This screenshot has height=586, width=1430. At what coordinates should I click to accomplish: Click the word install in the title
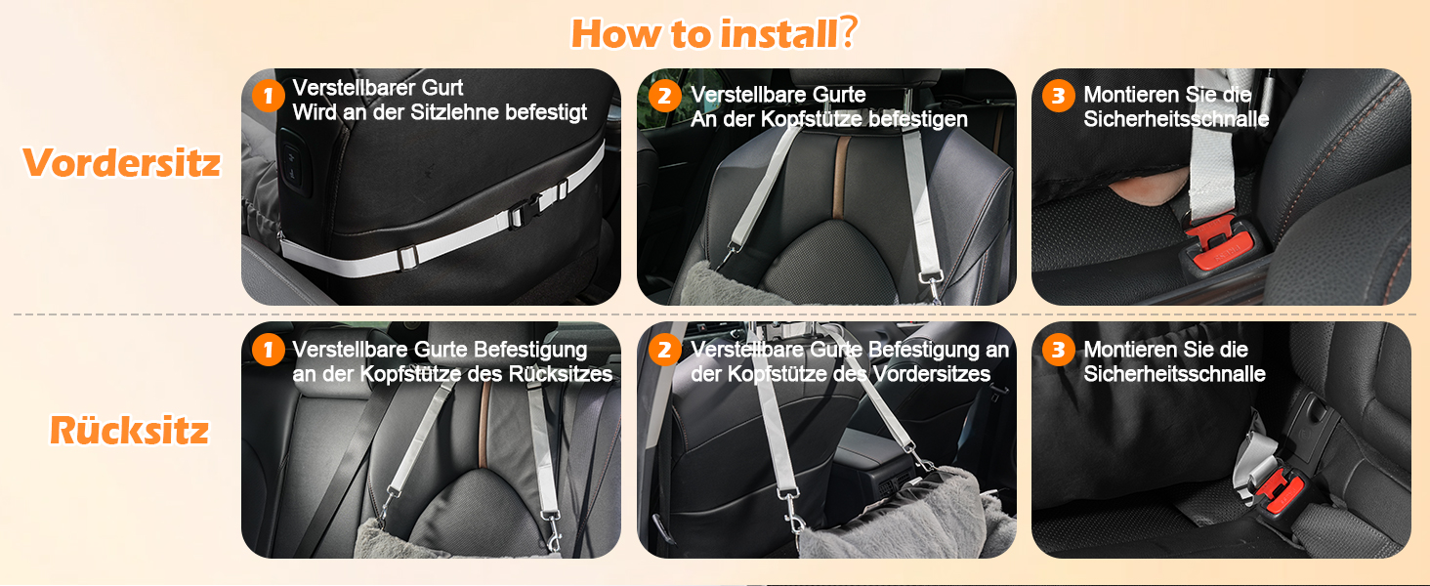pyautogui.click(x=778, y=33)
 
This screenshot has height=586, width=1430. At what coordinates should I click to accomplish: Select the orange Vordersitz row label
pyautogui.click(x=122, y=162)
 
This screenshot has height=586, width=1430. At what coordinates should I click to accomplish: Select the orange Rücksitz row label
pyautogui.click(x=129, y=431)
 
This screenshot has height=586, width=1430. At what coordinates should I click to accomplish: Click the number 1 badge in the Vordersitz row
pyautogui.click(x=268, y=96)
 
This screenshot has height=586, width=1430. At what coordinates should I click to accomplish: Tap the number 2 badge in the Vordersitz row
pyautogui.click(x=664, y=96)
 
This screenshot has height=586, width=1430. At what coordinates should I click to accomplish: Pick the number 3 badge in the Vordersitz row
pyautogui.click(x=1059, y=96)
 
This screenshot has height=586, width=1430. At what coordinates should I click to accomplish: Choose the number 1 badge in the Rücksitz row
pyautogui.click(x=268, y=350)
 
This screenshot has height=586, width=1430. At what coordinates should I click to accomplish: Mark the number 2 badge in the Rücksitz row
pyautogui.click(x=664, y=350)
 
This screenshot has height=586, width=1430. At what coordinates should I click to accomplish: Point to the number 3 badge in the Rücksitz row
pyautogui.click(x=1059, y=350)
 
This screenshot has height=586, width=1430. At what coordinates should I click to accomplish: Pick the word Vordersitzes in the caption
pyautogui.click(x=932, y=374)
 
